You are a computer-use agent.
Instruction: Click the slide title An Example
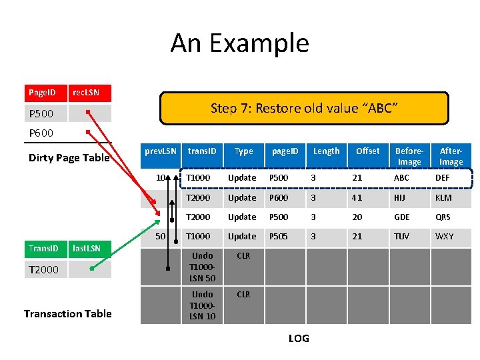(239, 43)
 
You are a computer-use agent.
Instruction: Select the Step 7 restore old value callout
(304, 108)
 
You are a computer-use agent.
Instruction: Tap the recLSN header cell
(89, 93)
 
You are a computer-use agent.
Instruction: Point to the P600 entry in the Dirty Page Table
(41, 133)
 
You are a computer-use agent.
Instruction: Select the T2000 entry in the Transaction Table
(44, 269)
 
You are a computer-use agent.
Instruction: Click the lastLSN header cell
(89, 249)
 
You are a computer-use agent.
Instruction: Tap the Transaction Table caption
(67, 313)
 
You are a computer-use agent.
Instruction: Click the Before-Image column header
(409, 157)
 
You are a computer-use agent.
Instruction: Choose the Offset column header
(367, 151)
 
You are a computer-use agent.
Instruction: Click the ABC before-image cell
(402, 178)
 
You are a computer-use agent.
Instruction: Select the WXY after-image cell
(444, 237)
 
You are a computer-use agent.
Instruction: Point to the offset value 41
(357, 198)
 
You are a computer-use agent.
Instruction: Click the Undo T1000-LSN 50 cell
(202, 267)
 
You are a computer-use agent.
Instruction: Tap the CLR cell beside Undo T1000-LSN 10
(243, 295)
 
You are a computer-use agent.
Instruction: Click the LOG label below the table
(299, 339)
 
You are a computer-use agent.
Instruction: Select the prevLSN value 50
(160, 237)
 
